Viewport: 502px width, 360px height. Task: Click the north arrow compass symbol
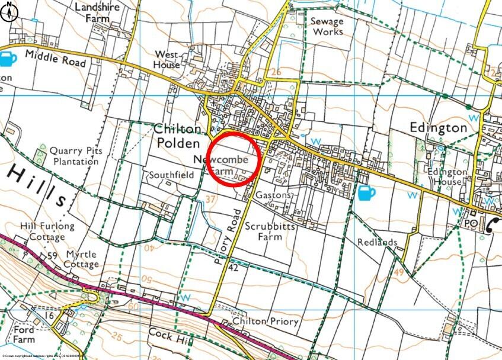tap(8, 12)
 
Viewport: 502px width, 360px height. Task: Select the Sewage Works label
tap(327, 25)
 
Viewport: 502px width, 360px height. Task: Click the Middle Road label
tap(56, 59)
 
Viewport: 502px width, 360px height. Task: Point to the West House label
tap(167, 59)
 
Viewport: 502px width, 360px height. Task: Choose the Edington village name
tap(439, 127)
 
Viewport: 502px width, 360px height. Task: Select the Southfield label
tap(171, 175)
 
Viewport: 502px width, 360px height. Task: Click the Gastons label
tap(273, 195)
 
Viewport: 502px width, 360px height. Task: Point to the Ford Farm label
tap(24, 335)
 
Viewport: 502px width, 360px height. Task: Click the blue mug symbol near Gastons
tap(366, 192)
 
